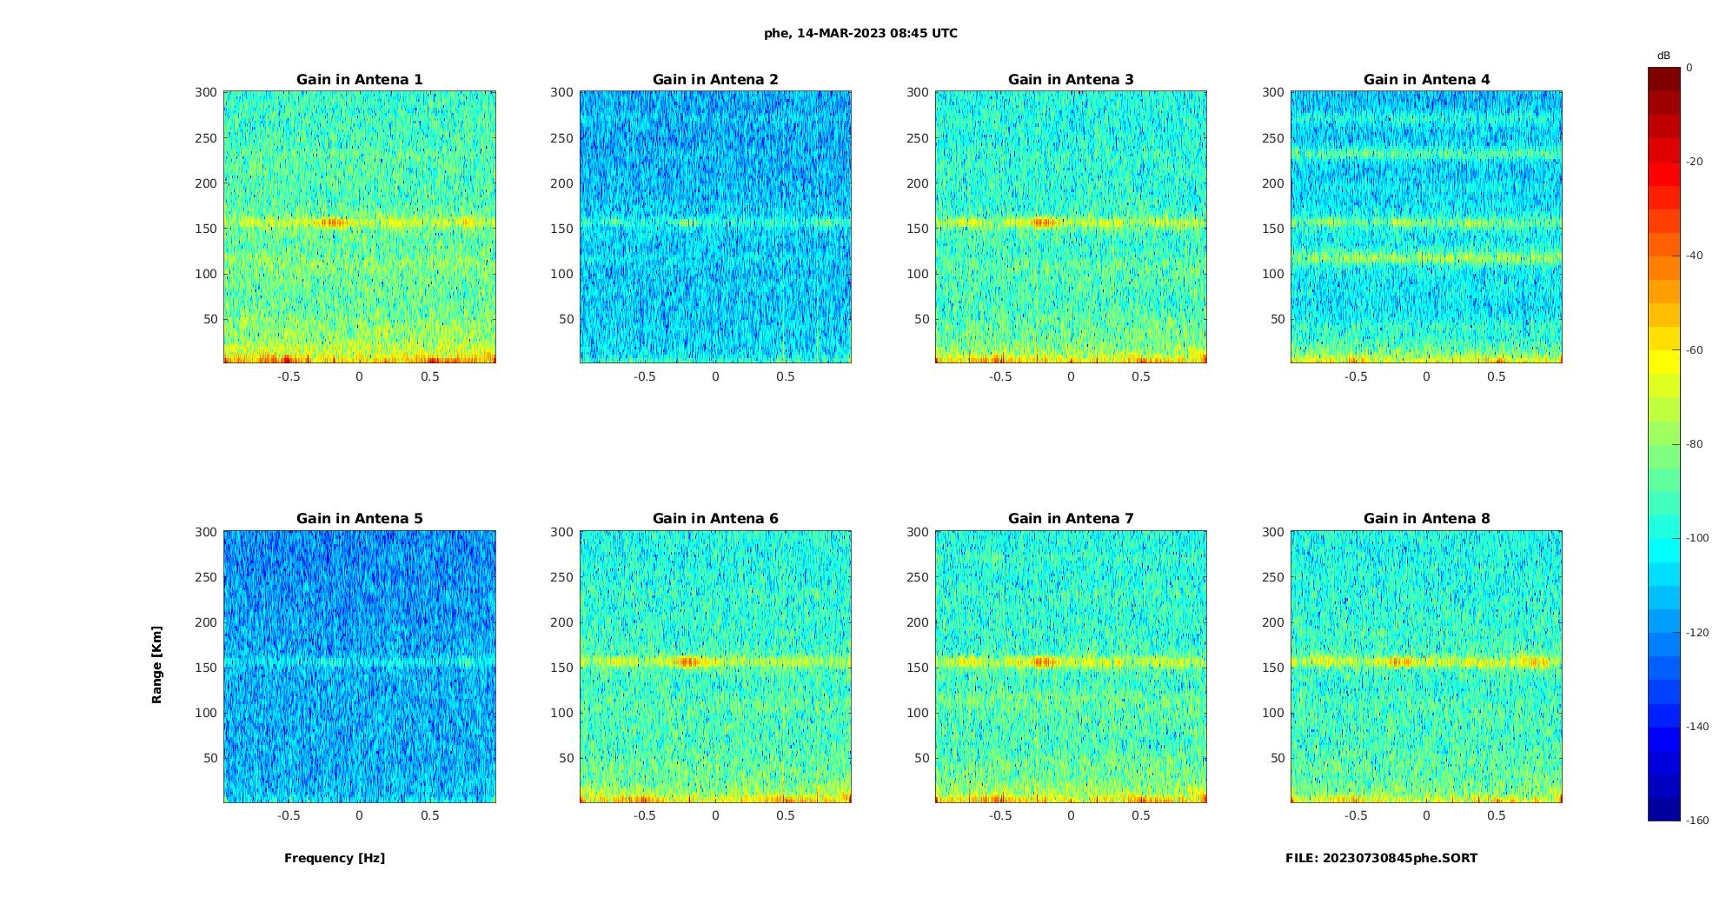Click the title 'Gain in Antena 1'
point(359,80)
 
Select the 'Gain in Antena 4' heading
point(1426,80)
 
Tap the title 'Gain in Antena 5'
point(359,519)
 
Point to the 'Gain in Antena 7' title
point(1071,519)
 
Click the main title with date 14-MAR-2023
point(860,34)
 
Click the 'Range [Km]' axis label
point(157,664)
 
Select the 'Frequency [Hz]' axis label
point(335,858)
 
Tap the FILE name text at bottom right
point(1381,858)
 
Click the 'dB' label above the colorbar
point(1663,56)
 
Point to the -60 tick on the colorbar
point(1695,350)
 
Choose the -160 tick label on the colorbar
point(1697,821)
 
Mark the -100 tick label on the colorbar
point(1697,538)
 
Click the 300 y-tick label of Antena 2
point(561,92)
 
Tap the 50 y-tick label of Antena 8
point(1277,758)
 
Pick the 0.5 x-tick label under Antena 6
point(785,815)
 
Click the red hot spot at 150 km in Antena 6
point(688,662)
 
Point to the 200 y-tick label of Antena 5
point(206,622)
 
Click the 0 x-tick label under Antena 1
point(359,376)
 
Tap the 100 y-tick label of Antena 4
point(1273,274)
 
